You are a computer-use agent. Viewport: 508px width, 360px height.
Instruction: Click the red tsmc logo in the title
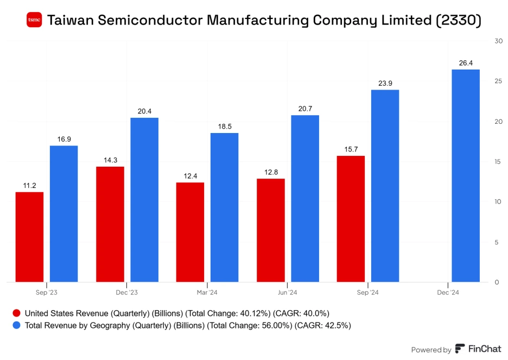(x=34, y=20)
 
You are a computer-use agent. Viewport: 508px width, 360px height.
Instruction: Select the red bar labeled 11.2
(x=29, y=237)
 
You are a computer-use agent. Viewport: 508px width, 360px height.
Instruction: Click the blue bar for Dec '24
(x=466, y=175)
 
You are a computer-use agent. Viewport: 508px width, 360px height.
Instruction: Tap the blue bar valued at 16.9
(x=63, y=213)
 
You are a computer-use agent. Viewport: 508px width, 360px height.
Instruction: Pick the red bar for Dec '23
(x=110, y=224)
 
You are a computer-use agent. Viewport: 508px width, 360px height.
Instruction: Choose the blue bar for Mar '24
(x=224, y=207)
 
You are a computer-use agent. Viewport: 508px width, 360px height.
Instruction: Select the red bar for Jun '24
(x=270, y=230)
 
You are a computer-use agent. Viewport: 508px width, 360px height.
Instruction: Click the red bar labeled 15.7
(x=351, y=219)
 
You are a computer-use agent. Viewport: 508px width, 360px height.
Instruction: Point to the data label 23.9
(x=385, y=83)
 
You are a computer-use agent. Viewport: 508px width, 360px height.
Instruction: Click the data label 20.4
(x=144, y=111)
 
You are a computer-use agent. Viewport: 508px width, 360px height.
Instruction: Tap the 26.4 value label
(x=466, y=63)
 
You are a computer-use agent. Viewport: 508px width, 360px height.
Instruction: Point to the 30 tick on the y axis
(x=498, y=41)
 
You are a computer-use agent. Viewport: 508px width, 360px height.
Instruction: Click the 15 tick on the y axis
(x=498, y=161)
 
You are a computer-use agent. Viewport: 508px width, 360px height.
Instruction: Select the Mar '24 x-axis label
(x=207, y=293)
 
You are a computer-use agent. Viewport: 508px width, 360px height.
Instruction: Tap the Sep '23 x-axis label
(x=47, y=293)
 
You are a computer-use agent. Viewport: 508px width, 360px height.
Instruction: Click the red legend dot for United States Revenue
(x=16, y=313)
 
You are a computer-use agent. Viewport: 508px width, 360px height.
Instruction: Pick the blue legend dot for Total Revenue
(x=16, y=326)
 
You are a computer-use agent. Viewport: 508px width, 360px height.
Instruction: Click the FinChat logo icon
(x=460, y=349)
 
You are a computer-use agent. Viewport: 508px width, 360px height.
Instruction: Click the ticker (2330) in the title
(x=458, y=21)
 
